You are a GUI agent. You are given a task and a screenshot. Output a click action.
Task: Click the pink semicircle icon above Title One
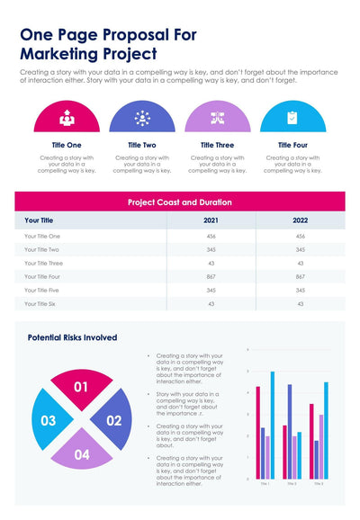pyautogui.click(x=67, y=118)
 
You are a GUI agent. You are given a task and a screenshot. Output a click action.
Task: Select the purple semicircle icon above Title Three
pyautogui.click(x=217, y=118)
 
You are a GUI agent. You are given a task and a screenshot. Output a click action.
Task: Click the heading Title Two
pyautogui.click(x=141, y=145)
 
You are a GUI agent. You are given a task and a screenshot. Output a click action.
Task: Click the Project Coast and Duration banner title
pyautogui.click(x=180, y=202)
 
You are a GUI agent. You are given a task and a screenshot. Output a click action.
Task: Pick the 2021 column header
pyautogui.click(x=211, y=220)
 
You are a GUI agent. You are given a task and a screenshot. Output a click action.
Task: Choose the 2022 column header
pyautogui.click(x=301, y=220)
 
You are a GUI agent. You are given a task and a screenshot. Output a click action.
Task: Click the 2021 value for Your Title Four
pyautogui.click(x=211, y=277)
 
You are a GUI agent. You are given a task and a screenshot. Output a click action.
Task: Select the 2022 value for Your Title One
pyautogui.click(x=301, y=236)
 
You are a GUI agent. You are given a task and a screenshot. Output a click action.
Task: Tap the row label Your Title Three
pyautogui.click(x=43, y=263)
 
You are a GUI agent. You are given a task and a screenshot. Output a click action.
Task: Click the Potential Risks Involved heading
pyautogui.click(x=72, y=337)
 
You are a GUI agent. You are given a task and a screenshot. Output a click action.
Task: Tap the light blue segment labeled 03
pyautogui.click(x=49, y=420)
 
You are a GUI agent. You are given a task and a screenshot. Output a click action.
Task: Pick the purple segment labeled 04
pyautogui.click(x=81, y=453)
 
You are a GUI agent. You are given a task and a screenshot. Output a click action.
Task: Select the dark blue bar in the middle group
pyautogui.click(x=289, y=431)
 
